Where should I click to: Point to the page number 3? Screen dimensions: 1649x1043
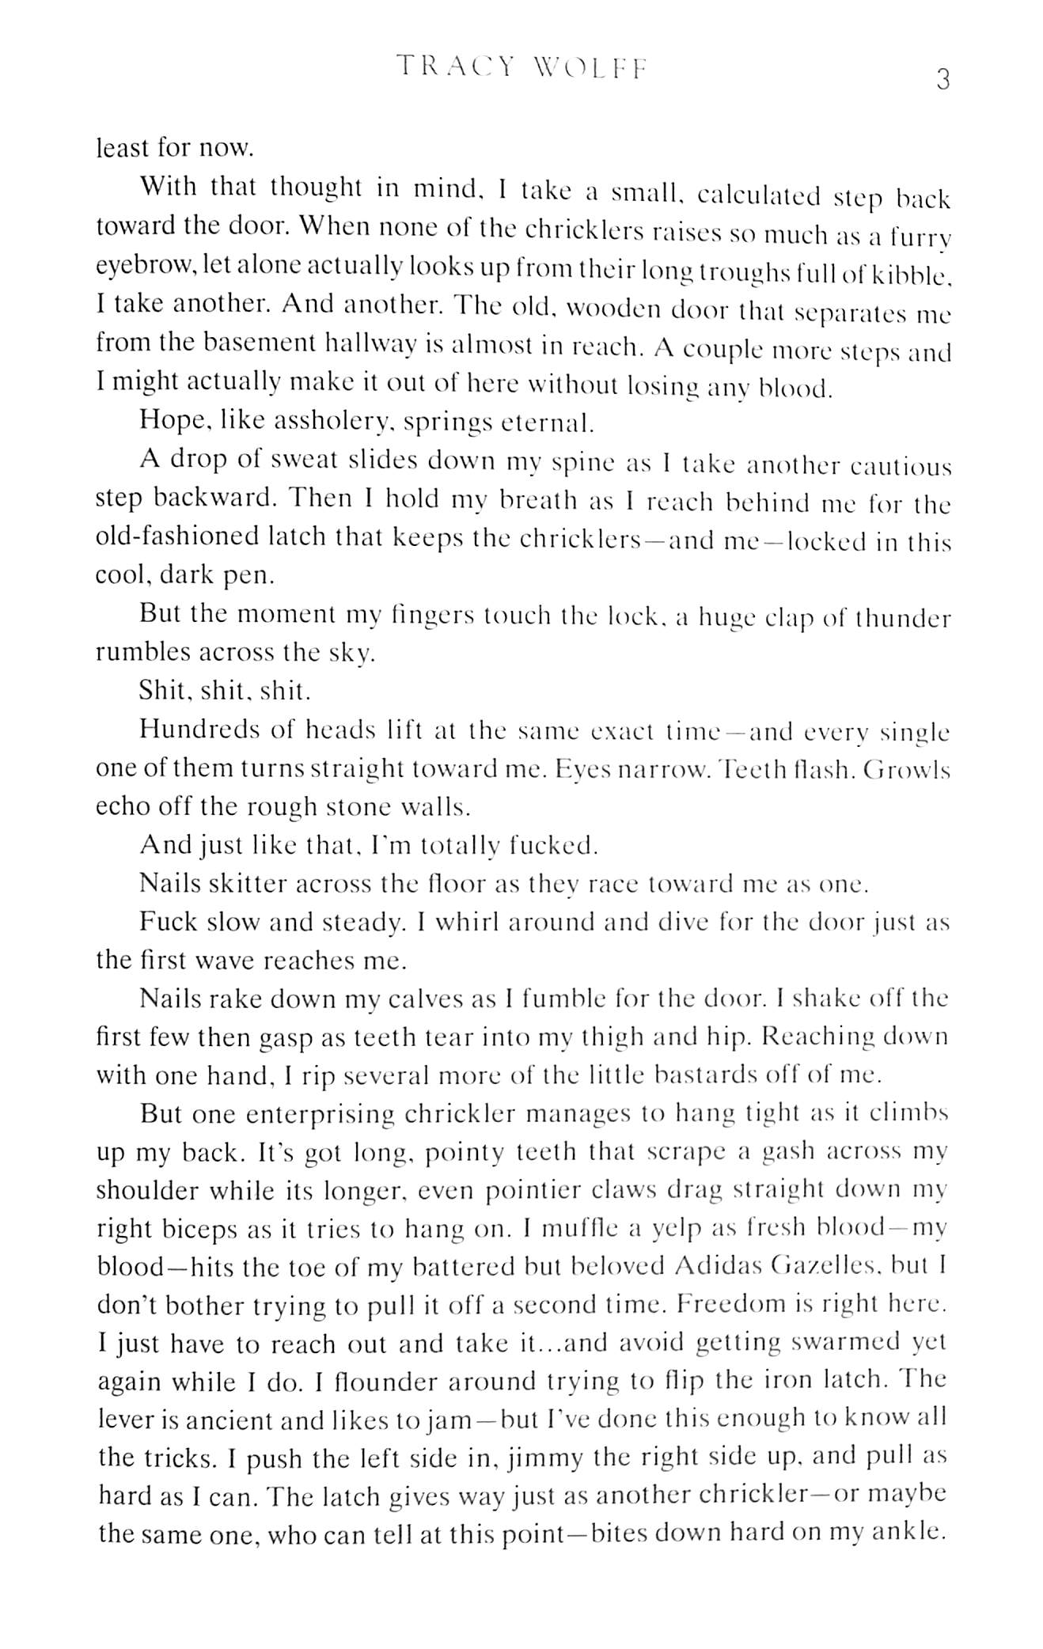pos(942,80)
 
